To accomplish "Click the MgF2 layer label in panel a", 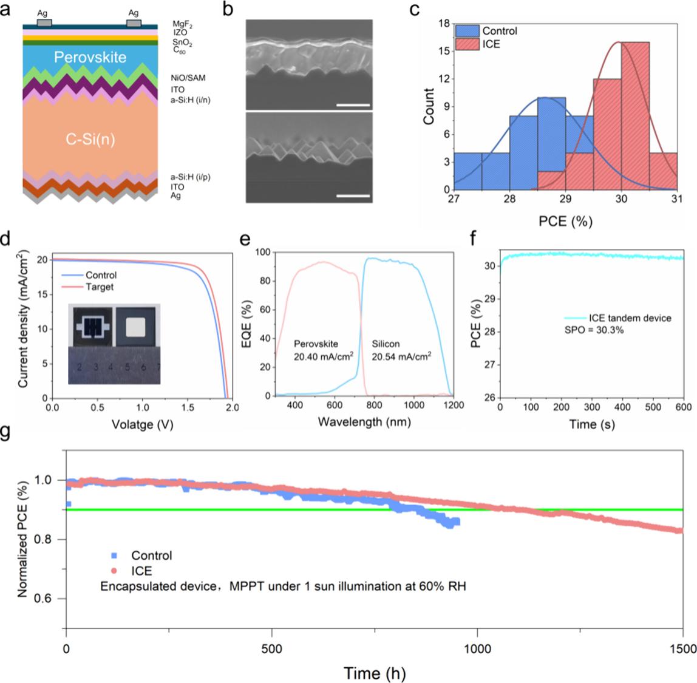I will tap(182, 24).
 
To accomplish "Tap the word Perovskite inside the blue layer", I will tap(90, 58).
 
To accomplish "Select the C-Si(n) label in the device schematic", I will tap(90, 139).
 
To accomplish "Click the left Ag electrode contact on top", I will tap(44, 23).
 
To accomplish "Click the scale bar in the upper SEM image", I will tap(353, 105).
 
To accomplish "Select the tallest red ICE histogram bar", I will tap(635, 115).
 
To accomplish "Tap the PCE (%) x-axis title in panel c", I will tap(565, 222).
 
